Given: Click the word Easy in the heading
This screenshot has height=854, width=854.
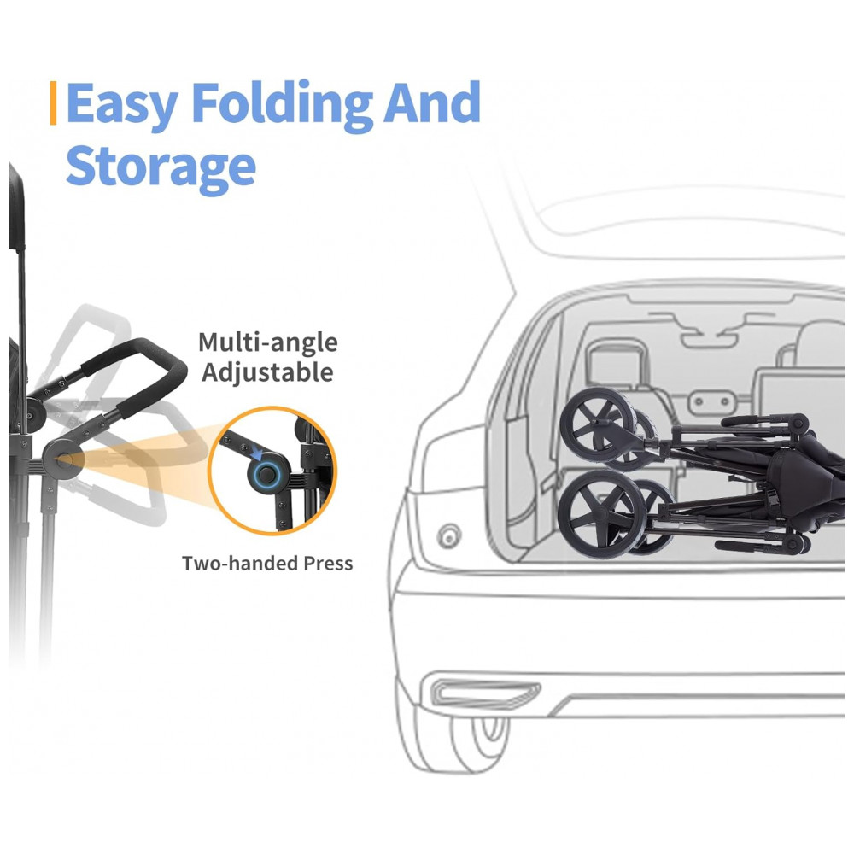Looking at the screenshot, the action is [121, 104].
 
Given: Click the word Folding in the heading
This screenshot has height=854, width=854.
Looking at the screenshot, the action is [283, 104].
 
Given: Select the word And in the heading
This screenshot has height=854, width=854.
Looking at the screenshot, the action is [432, 102].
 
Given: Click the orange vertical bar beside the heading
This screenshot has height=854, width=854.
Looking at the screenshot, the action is [53, 103].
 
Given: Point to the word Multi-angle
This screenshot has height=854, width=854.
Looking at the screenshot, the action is [268, 343].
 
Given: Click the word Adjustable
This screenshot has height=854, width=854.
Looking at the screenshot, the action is [267, 373].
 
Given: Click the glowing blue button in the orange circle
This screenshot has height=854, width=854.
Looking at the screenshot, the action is [266, 474].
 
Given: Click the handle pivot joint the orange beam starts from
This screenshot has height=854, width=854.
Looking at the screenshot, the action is [61, 459].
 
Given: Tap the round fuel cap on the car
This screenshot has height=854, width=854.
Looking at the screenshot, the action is [449, 536].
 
